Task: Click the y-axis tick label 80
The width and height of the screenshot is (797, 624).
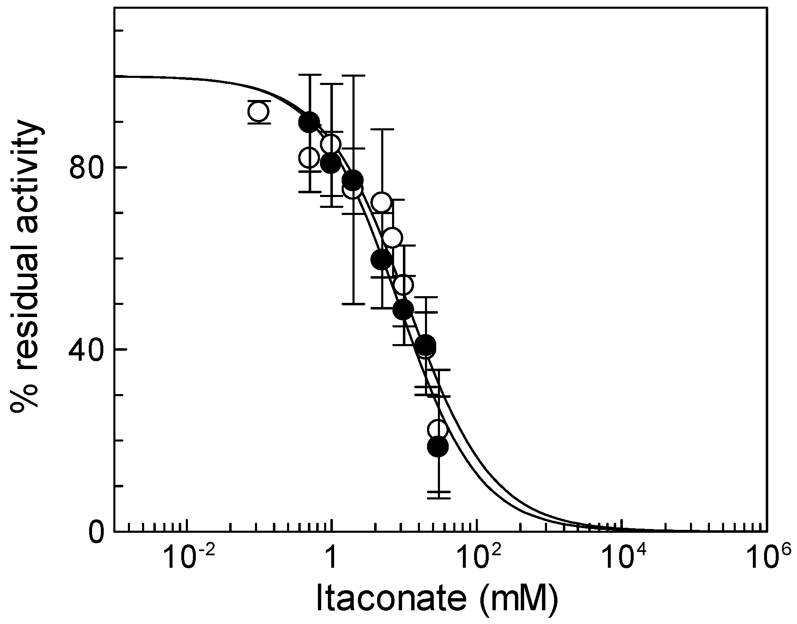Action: [x=85, y=168]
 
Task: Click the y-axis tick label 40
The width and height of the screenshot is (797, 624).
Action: [x=85, y=349]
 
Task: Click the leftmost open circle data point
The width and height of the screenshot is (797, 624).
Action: [x=259, y=112]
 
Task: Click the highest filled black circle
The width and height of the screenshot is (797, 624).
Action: [x=309, y=122]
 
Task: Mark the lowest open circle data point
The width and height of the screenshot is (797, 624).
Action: [x=437, y=429]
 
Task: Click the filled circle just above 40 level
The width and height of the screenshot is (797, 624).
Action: [x=425, y=344]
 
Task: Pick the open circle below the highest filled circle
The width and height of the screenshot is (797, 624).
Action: [x=309, y=157]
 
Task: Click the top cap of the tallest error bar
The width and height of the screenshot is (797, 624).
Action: [x=309, y=75]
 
